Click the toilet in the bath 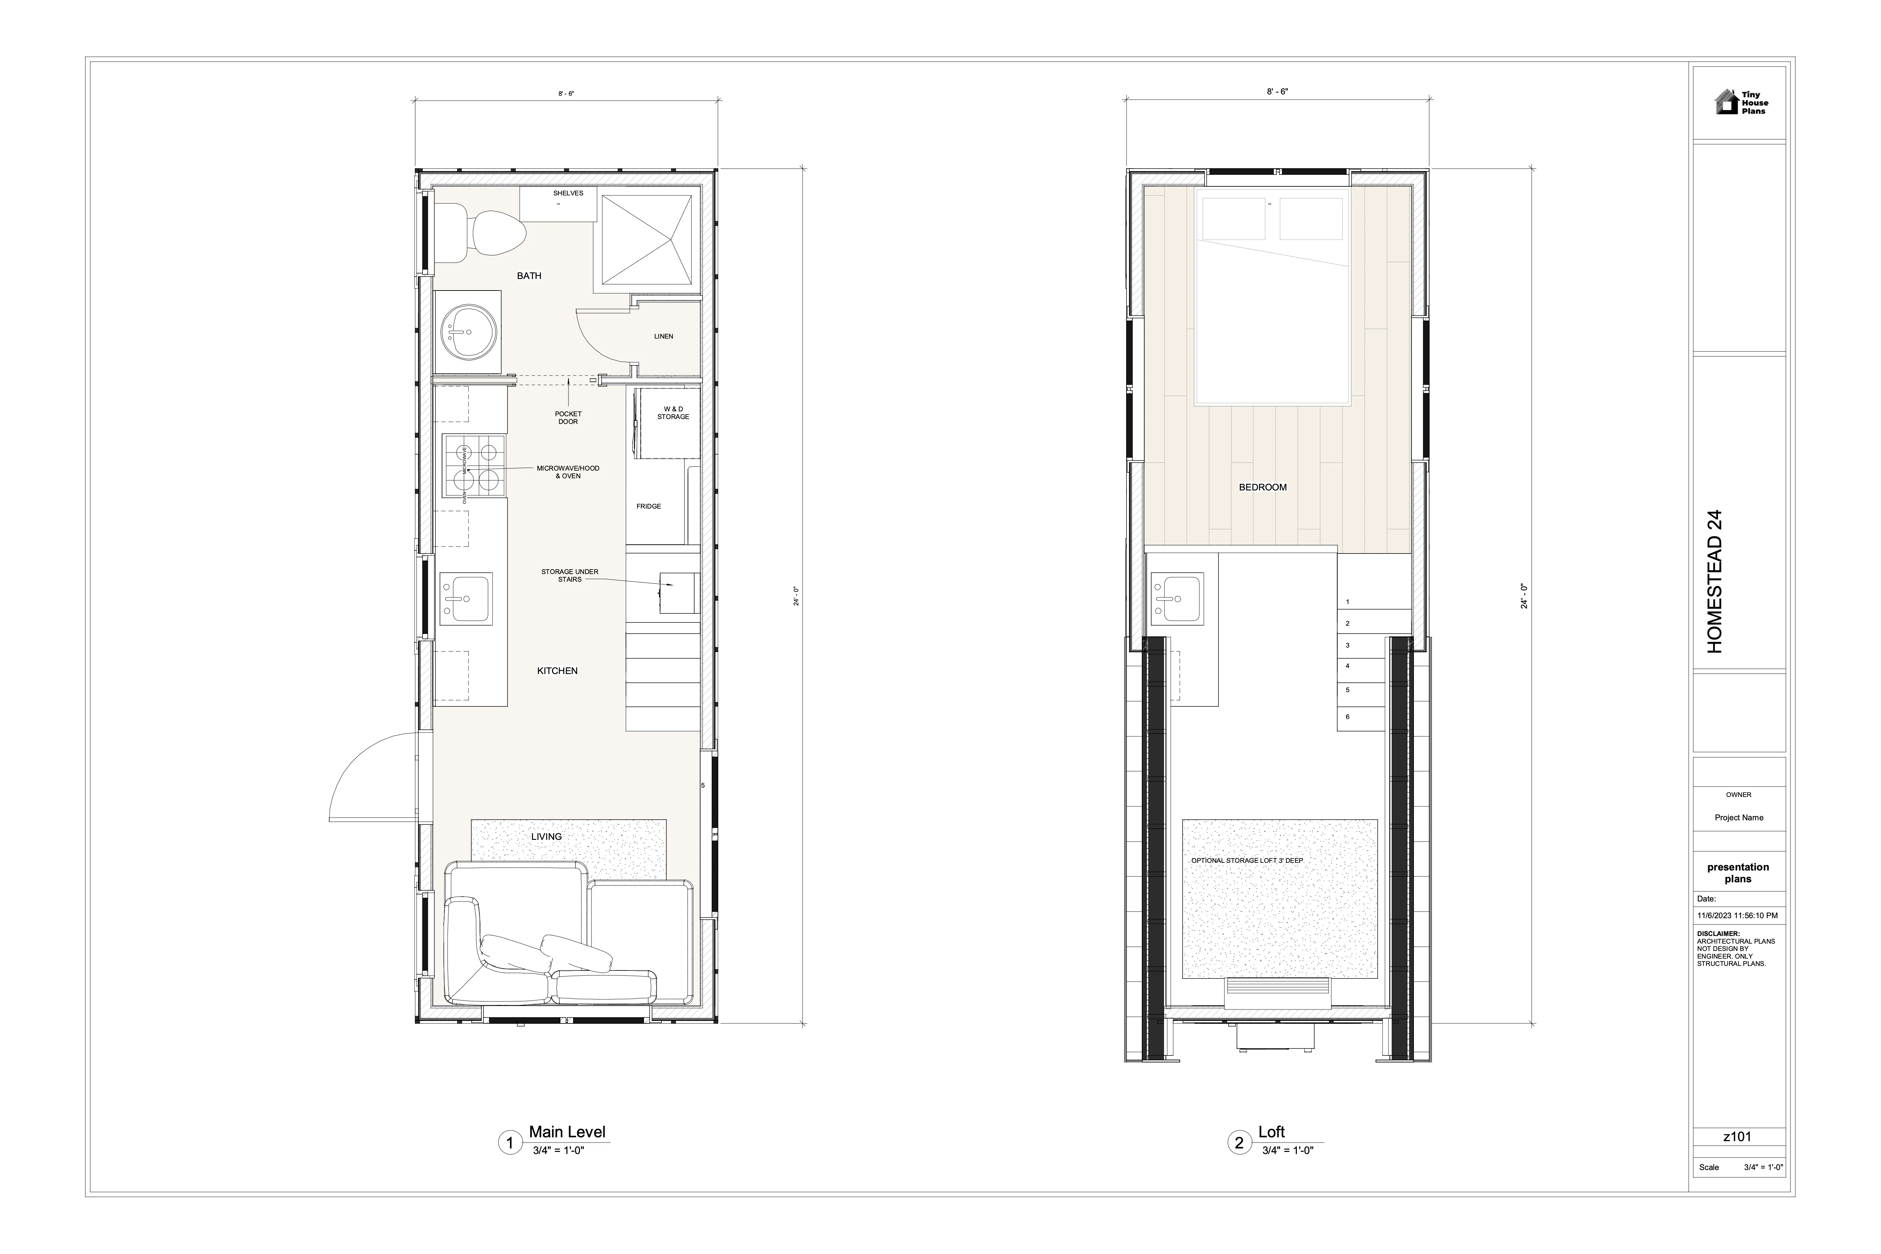pos(480,233)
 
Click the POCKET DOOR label pos(568,417)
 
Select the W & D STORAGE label pos(673,413)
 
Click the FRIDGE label pos(649,506)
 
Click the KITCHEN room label pos(557,671)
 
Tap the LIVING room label pos(547,837)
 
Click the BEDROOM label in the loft pos(1263,487)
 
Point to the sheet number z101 pos(1738,1136)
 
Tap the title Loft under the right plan pos(1272,1132)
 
